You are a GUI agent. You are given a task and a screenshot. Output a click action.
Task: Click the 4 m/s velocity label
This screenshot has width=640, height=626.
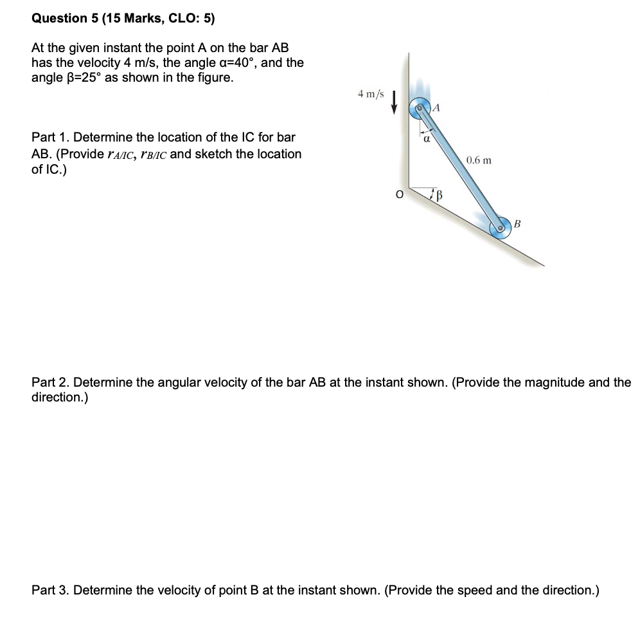[371, 95]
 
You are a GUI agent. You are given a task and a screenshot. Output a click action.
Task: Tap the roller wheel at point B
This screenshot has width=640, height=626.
[499, 228]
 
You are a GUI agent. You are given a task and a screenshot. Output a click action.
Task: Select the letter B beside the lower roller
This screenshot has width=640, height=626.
[517, 223]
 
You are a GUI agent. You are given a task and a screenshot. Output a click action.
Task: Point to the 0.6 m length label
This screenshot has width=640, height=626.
[479, 160]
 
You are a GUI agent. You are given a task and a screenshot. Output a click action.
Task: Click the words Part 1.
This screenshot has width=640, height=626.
[50, 138]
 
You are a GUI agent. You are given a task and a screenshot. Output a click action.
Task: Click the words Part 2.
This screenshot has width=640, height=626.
[50, 383]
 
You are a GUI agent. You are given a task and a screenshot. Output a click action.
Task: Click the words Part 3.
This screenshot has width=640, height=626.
[50, 591]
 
